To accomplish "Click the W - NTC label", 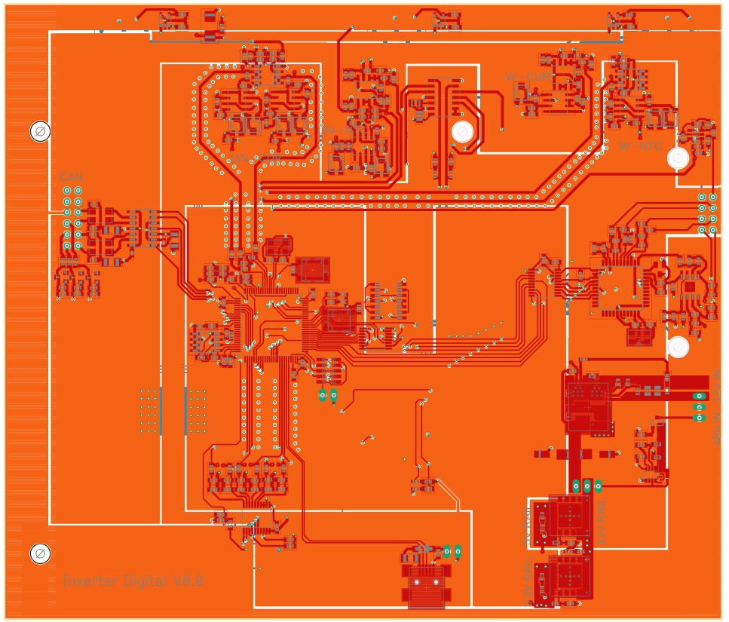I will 640,146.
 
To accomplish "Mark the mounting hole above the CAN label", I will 40,132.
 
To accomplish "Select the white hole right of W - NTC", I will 677,158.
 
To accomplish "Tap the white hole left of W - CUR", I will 462,133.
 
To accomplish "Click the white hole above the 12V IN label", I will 678,347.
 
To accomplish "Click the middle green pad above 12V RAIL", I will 587,485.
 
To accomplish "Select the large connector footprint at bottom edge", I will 427,587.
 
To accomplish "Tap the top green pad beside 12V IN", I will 699,397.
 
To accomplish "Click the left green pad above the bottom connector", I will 446,550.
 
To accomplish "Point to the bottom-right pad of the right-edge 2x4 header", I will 713,230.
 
